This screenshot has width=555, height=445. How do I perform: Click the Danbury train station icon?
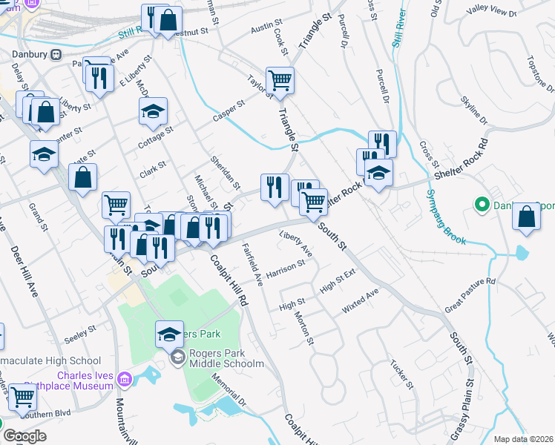[55, 55]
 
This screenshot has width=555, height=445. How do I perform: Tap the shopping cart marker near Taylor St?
[280, 80]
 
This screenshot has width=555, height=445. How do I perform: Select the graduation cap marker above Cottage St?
[153, 111]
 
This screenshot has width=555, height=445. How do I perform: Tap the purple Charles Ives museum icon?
[124, 380]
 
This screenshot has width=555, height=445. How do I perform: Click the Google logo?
[24, 436]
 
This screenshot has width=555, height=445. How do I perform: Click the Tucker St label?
[401, 375]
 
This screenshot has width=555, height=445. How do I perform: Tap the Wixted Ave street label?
[361, 300]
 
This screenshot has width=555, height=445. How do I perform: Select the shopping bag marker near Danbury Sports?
[526, 217]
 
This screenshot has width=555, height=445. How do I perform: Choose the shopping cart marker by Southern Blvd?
[22, 397]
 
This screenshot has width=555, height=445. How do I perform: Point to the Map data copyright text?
[522, 439]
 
